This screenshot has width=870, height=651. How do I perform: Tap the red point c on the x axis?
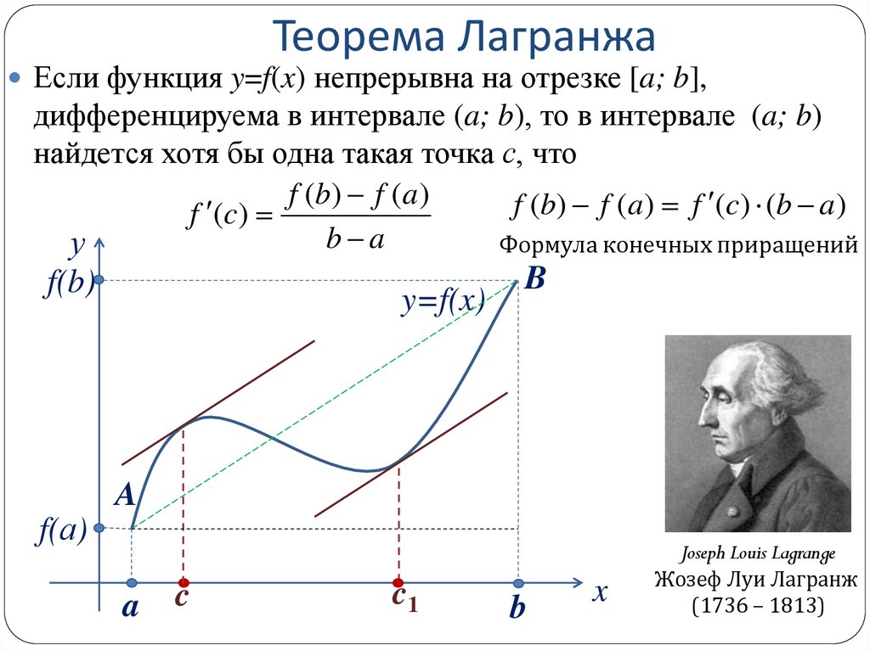pyautogui.click(x=183, y=583)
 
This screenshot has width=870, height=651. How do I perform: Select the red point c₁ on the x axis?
pyautogui.click(x=398, y=583)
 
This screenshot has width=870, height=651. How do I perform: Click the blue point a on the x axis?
pyautogui.click(x=132, y=583)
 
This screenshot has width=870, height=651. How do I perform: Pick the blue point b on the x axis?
pyautogui.click(x=518, y=583)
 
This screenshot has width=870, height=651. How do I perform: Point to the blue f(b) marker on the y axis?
pyautogui.click(x=100, y=280)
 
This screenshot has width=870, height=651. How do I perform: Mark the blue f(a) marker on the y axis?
pyautogui.click(x=100, y=528)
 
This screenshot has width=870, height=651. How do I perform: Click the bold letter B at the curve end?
pyautogui.click(x=534, y=278)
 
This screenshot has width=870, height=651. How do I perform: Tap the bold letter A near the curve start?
pyautogui.click(x=125, y=496)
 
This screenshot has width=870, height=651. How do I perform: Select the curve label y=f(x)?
pyautogui.click(x=443, y=302)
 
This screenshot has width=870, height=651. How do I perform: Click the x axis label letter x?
pyautogui.click(x=601, y=592)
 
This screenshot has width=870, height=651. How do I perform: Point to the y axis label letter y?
pyautogui.click(x=77, y=246)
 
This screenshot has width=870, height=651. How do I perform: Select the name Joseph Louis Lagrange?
pyautogui.click(x=757, y=554)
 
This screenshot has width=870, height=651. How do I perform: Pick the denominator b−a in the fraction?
pyautogui.click(x=355, y=240)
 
